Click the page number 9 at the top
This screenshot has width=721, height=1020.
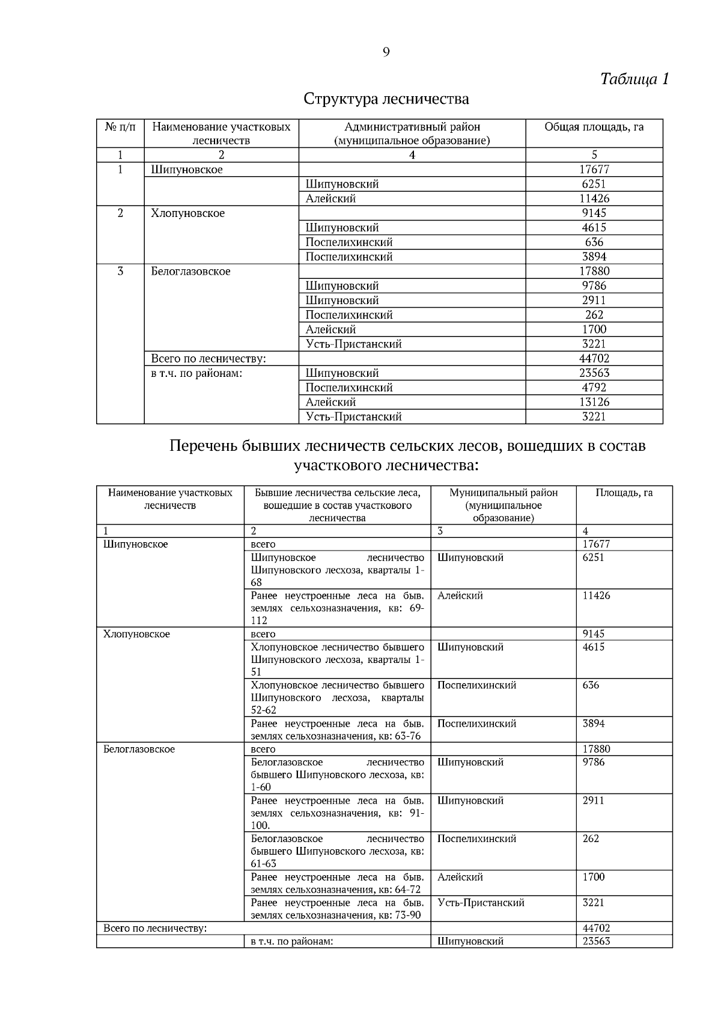click(386, 52)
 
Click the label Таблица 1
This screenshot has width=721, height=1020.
click(634, 79)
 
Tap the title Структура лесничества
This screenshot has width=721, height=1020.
click(386, 98)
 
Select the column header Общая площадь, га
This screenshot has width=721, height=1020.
click(594, 127)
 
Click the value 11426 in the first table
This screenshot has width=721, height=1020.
click(594, 198)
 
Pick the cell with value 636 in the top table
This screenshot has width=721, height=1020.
click(594, 242)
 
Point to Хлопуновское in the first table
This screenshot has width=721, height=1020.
click(188, 213)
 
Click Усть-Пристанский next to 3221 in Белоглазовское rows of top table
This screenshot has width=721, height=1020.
click(353, 344)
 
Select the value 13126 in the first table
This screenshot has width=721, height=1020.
click(594, 402)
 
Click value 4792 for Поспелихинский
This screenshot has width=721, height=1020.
click(594, 388)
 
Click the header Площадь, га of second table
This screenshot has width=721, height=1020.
click(624, 493)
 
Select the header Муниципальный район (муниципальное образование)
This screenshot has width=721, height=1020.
click(503, 505)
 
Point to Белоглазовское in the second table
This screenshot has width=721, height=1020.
click(139, 749)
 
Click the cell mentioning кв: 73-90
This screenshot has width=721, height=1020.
click(337, 909)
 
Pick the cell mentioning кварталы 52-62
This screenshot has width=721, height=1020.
click(337, 698)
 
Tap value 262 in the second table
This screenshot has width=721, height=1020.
click(591, 838)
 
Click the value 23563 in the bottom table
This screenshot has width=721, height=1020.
click(596, 941)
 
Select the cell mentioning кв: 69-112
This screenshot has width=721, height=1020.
click(337, 608)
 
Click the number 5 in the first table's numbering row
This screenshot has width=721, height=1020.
click(594, 155)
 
